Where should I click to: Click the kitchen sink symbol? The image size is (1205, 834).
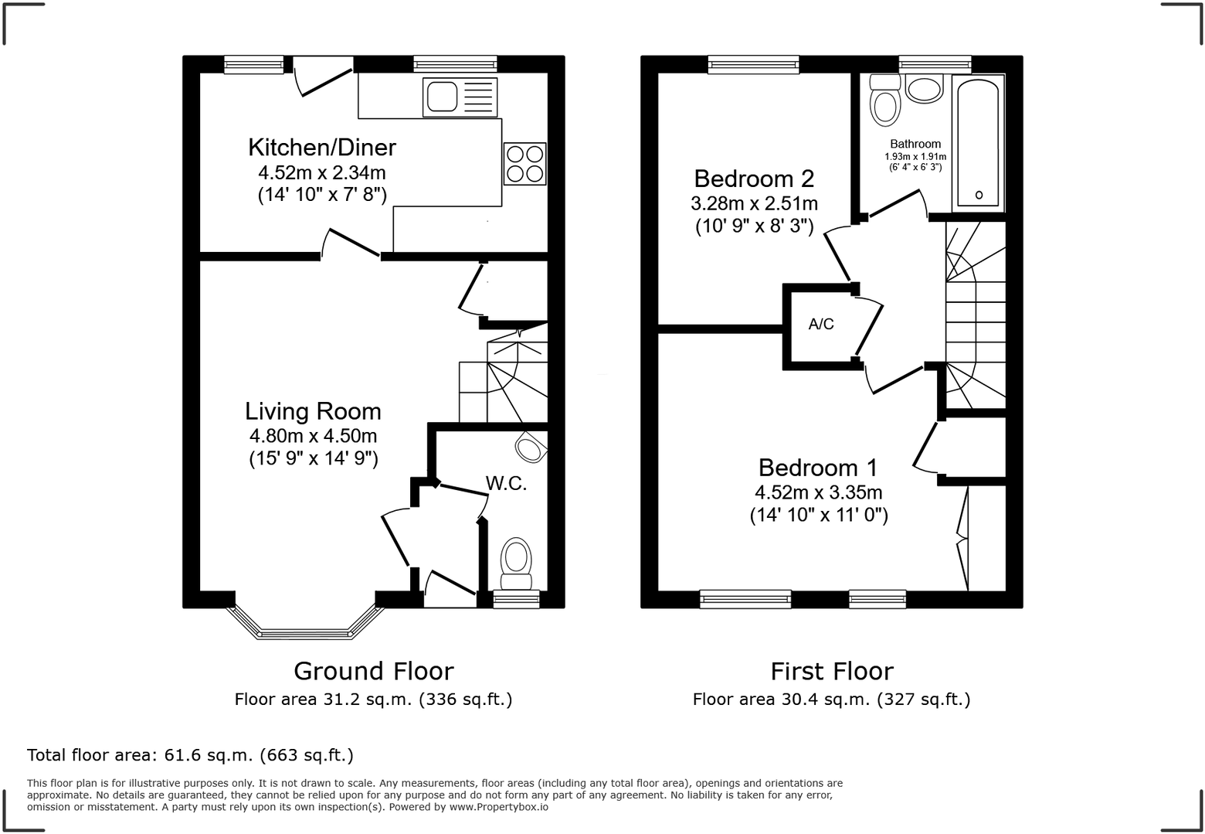tap(459, 97)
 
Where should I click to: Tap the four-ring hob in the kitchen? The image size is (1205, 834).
tap(525, 164)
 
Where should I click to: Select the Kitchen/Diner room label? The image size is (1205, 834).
tap(322, 147)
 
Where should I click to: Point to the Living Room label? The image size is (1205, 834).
tap(313, 410)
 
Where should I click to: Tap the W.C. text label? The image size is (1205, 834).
tap(506, 484)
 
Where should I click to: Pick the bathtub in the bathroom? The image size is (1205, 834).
tap(978, 143)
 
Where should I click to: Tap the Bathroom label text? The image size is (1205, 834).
tap(915, 144)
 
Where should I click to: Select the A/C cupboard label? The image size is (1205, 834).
tap(821, 324)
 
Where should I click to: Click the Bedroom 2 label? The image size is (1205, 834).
tap(754, 179)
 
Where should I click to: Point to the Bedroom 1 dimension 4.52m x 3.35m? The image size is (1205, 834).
tap(819, 492)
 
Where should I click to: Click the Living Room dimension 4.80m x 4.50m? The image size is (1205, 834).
tap(313, 436)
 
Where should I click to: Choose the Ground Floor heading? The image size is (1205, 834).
tap(373, 670)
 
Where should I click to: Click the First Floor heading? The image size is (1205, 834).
tap(831, 670)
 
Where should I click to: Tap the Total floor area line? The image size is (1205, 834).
tap(190, 754)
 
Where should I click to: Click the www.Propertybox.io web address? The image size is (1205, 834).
tap(499, 807)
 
